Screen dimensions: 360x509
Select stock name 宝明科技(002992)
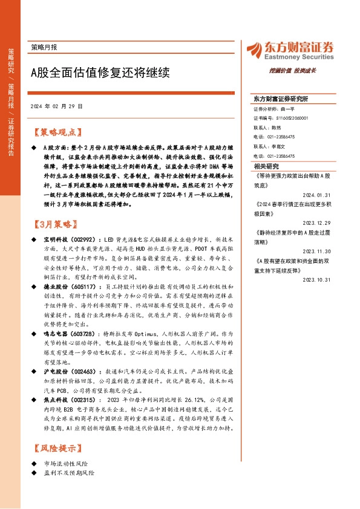tap(70, 241)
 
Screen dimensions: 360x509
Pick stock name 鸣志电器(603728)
tap(70, 334)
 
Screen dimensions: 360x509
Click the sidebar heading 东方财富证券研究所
tap(281, 99)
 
